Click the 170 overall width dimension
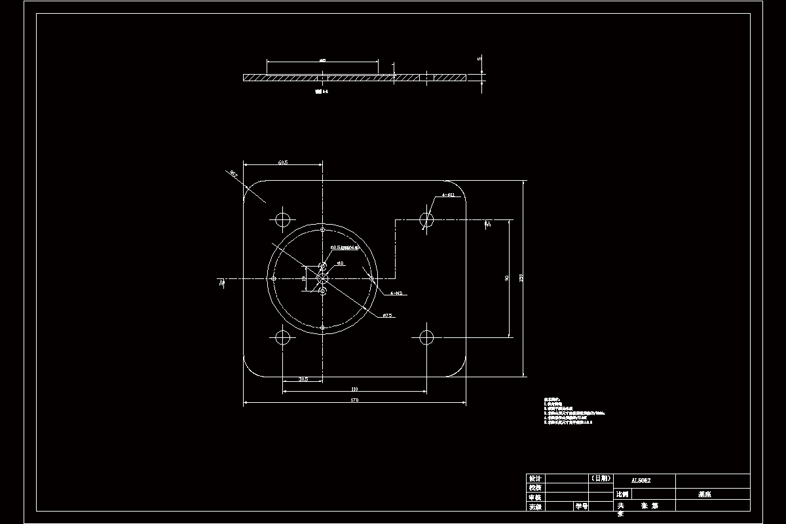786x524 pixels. pos(354,400)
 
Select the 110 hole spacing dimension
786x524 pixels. pos(354,389)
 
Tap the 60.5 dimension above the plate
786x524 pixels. pos(283,161)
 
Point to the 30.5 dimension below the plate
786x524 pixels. pos(303,379)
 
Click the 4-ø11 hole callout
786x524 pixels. pos(448,195)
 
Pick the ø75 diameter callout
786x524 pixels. pos(387,316)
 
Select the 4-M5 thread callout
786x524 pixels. pos(396,293)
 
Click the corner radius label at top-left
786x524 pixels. pos(233,174)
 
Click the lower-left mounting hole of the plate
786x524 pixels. pos(283,338)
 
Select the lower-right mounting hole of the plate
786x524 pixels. pos(426,338)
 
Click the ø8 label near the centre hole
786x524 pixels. pos(340,263)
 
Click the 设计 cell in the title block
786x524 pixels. pos(535,479)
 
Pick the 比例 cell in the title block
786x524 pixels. pos(622,495)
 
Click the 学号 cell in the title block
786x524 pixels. pos(581,506)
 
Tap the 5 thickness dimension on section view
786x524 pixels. pos(479,59)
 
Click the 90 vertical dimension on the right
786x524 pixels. pos(507,278)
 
